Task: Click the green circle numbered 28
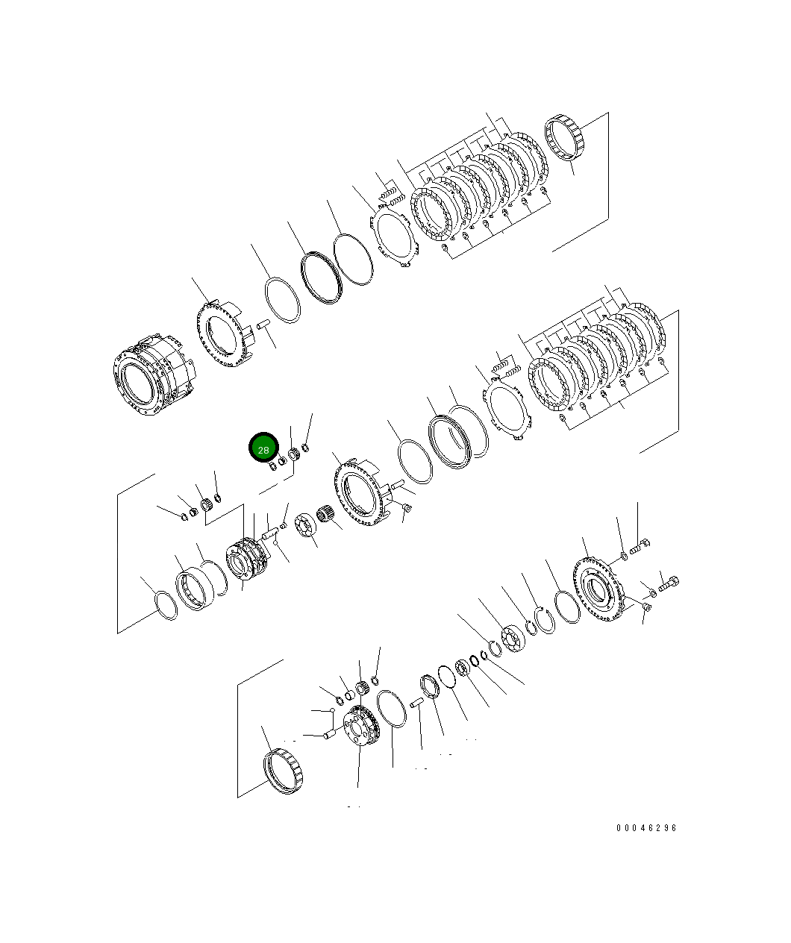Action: [x=263, y=448]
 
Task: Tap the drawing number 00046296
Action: [x=646, y=828]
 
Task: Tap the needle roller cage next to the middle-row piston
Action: [x=325, y=515]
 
